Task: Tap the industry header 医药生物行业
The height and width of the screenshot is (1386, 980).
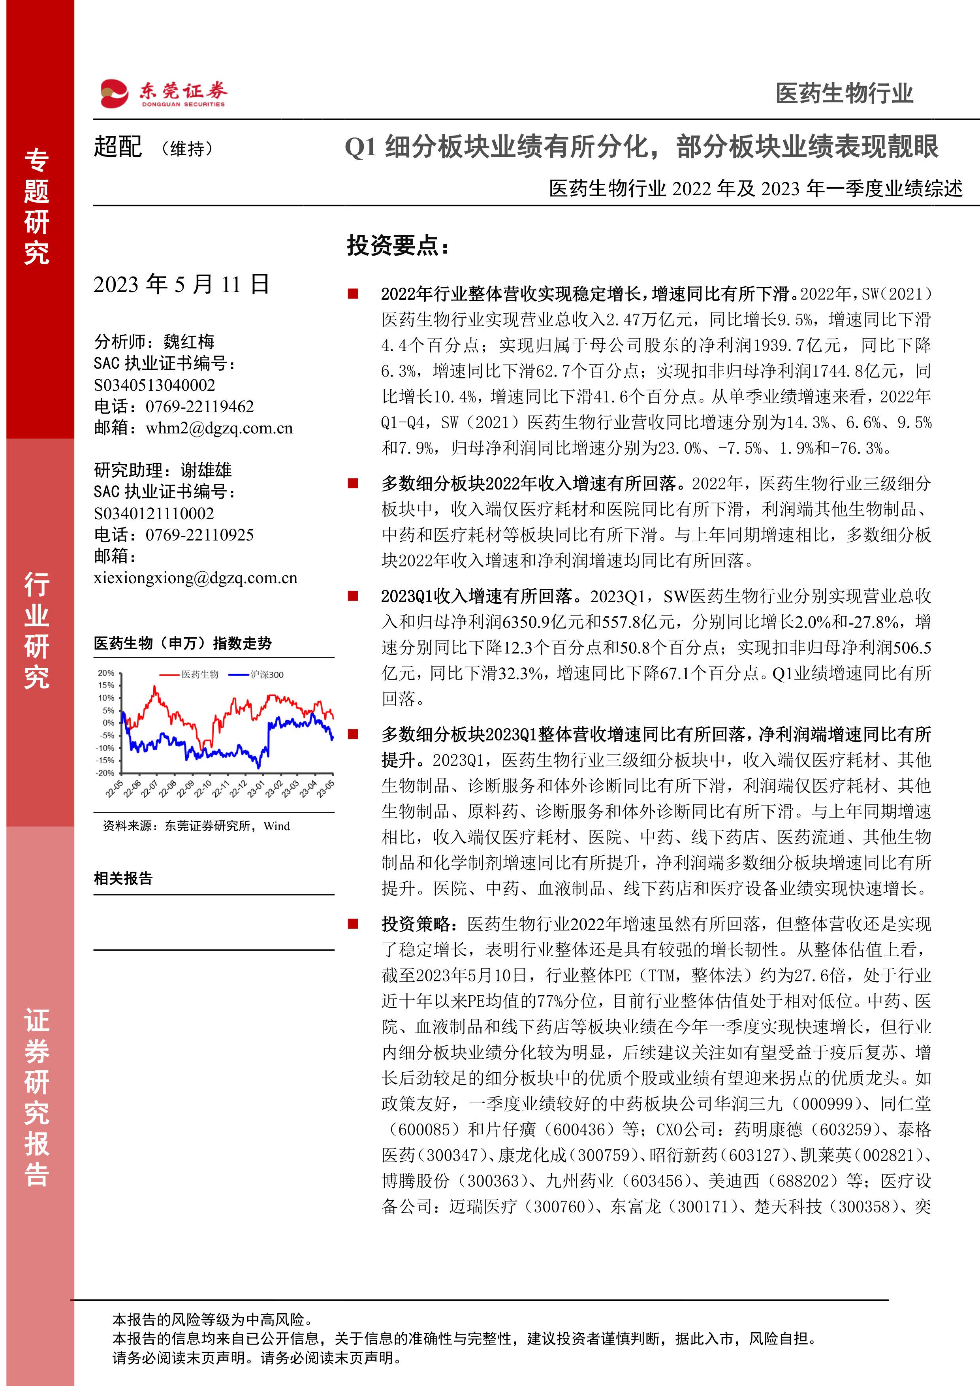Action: coord(844,94)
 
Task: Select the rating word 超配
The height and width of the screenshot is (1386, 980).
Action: coord(118,147)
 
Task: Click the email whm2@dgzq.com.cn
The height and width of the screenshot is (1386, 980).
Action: coord(219,428)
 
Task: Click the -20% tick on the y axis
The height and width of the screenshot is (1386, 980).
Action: coord(105,773)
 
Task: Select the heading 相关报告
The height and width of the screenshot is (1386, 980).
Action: coord(123,878)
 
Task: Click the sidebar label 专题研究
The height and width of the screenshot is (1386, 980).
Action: coord(37,207)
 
